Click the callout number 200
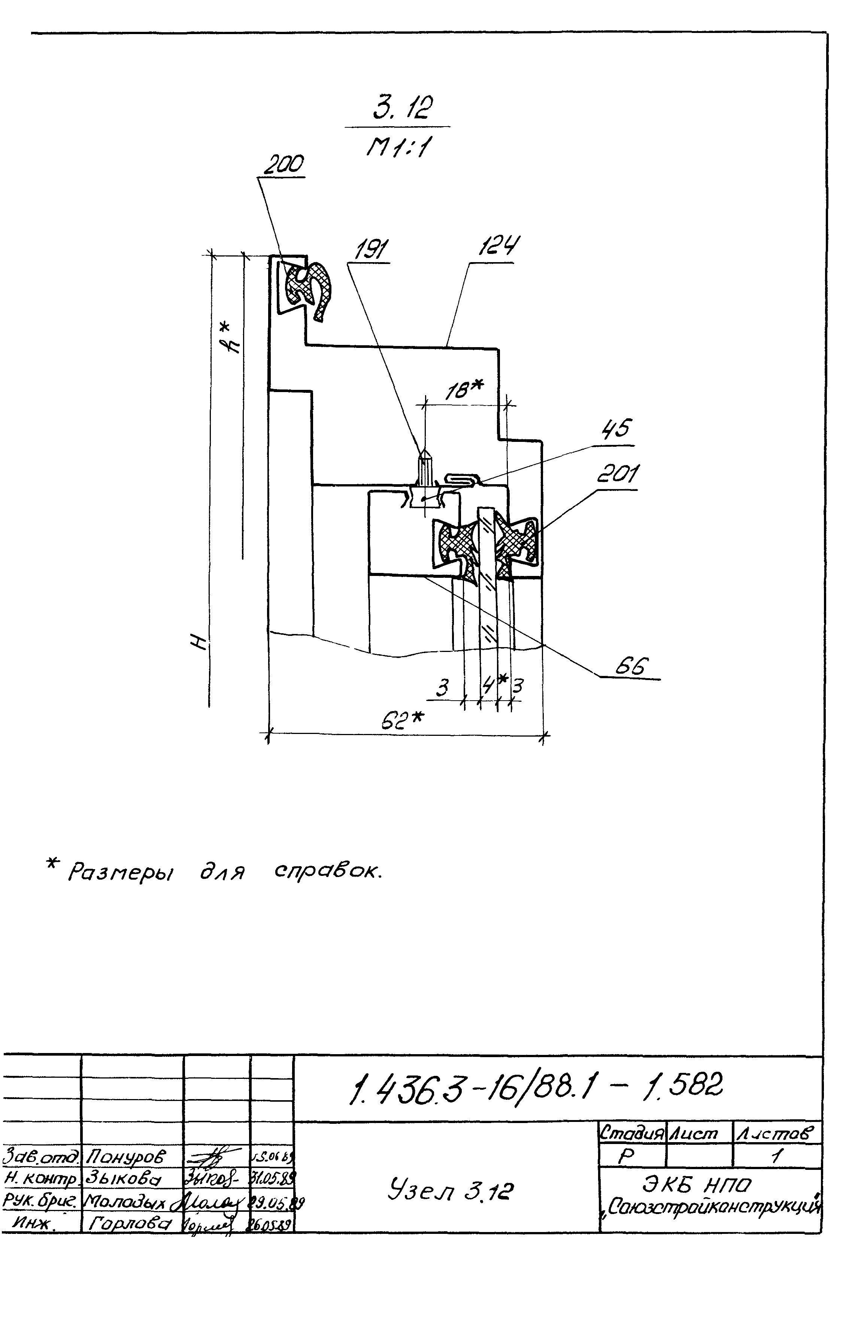[x=283, y=165]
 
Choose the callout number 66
[x=631, y=666]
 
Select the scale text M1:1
[x=398, y=148]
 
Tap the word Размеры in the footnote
[x=120, y=872]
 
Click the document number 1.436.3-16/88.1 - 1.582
[x=534, y=1089]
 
